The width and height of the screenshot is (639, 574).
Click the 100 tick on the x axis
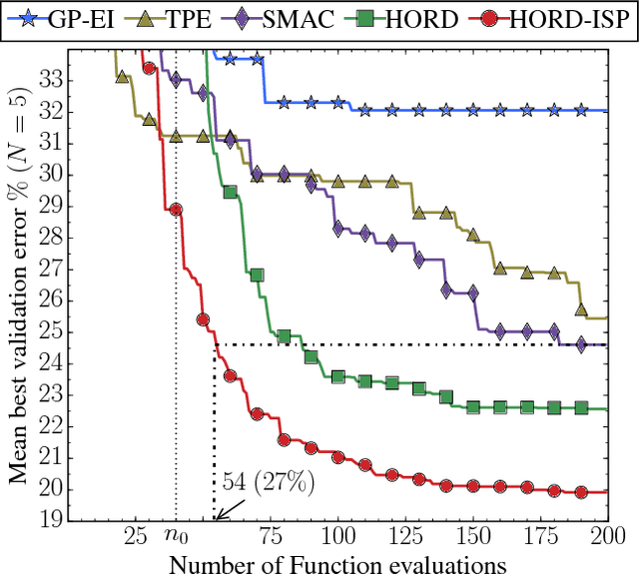pyautogui.click(x=337, y=537)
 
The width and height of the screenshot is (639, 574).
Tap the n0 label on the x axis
pyautogui.click(x=176, y=538)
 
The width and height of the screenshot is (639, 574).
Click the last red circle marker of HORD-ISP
pyautogui.click(x=581, y=492)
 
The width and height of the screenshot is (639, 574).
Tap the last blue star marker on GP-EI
pyautogui.click(x=581, y=110)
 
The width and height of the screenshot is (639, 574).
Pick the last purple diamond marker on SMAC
pyautogui.click(x=581, y=344)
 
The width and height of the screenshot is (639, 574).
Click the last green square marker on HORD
pyautogui.click(x=581, y=407)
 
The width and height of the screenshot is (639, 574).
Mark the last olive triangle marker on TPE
pyautogui.click(x=581, y=309)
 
